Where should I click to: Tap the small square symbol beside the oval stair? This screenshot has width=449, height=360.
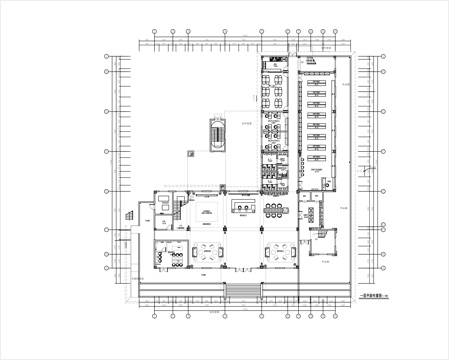tap(190, 152)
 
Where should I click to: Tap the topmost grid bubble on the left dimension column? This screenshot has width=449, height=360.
tap(105, 59)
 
